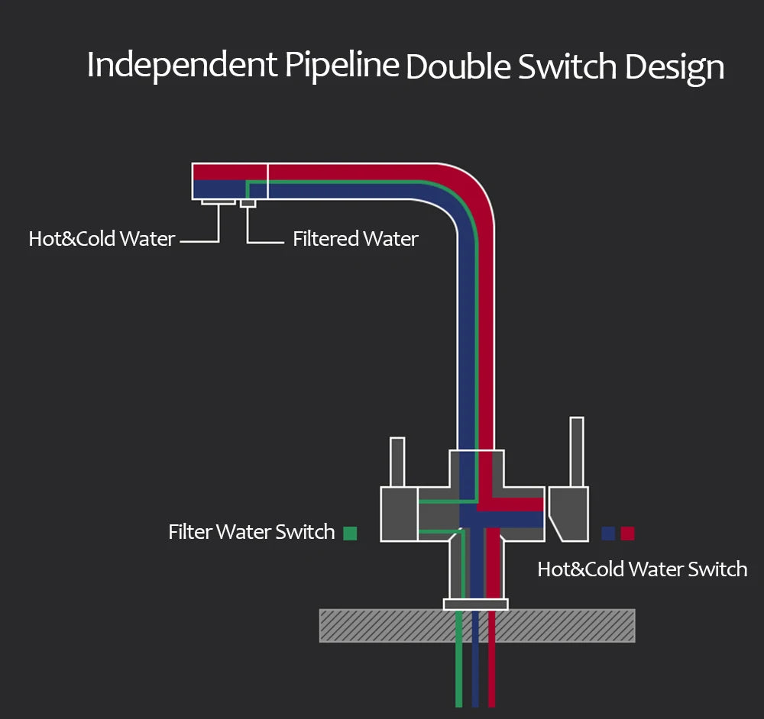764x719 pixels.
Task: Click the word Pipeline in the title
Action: pyautogui.click(x=342, y=66)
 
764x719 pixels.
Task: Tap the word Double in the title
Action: pyautogui.click(x=457, y=67)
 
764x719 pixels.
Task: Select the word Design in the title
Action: pyautogui.click(x=674, y=67)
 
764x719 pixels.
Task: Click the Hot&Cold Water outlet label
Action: pyautogui.click(x=102, y=239)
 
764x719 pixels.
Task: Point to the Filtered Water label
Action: pyautogui.click(x=355, y=239)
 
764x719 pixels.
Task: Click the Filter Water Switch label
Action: pyautogui.click(x=251, y=532)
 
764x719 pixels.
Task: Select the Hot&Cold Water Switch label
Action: pyautogui.click(x=642, y=569)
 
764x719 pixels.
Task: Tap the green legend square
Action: pyautogui.click(x=350, y=534)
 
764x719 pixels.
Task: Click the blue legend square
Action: pyautogui.click(x=608, y=534)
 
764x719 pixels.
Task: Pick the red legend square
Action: pyautogui.click(x=627, y=534)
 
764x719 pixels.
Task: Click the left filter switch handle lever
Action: pyautogui.click(x=397, y=462)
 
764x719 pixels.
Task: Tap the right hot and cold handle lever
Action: pyautogui.click(x=577, y=450)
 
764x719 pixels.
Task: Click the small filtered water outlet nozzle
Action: pyautogui.click(x=248, y=203)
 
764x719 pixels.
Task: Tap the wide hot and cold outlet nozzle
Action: pyautogui.click(x=219, y=202)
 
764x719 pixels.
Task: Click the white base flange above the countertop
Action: pyautogui.click(x=475, y=605)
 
